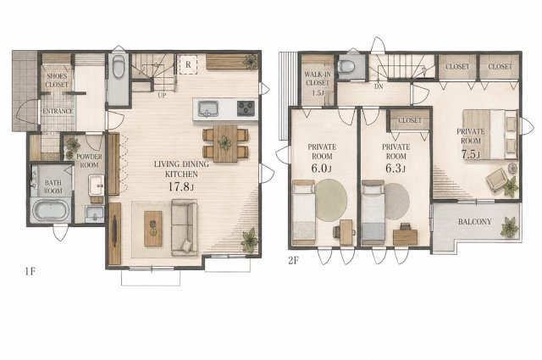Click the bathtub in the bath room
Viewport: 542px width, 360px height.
click(51, 210)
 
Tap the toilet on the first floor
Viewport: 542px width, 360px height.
click(119, 68)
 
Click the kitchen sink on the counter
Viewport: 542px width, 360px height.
click(208, 108)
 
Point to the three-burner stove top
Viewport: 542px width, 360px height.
click(246, 108)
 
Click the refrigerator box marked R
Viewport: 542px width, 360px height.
click(188, 64)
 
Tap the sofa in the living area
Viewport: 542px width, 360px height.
click(185, 227)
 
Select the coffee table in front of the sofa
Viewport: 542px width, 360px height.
click(153, 229)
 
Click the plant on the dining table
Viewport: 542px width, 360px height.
click(225, 142)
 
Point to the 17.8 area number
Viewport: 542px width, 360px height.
click(179, 186)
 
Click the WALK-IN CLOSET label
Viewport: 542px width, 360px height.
click(318, 79)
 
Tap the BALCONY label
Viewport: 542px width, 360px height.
click(474, 222)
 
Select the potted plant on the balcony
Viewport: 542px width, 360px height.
click(510, 227)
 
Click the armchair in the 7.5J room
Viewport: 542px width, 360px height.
click(496, 180)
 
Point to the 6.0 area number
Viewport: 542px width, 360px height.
click(320, 168)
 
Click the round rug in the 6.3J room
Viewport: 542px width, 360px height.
click(397, 201)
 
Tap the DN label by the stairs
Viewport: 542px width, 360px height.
click(379, 86)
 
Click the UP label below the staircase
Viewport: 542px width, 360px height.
click(162, 96)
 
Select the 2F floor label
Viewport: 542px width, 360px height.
click(293, 260)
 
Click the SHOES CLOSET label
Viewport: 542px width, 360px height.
click(58, 80)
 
